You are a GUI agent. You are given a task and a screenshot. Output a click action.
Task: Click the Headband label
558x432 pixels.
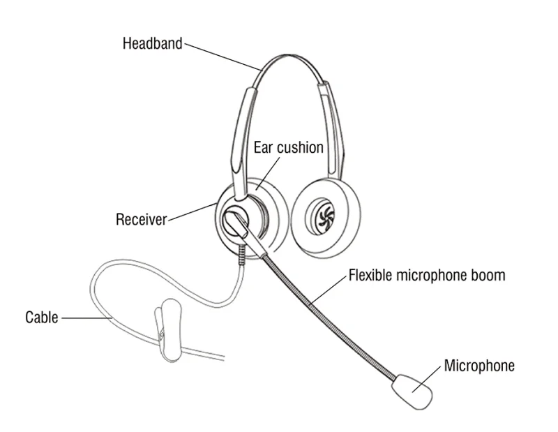[x=152, y=43]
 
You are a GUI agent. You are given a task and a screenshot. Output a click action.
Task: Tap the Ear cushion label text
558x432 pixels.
[x=288, y=147]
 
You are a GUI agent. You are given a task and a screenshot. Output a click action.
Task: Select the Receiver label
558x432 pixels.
[x=142, y=220]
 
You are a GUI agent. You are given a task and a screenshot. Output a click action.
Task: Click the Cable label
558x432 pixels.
[x=42, y=317]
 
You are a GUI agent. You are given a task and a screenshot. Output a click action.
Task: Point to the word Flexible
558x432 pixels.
[x=371, y=275]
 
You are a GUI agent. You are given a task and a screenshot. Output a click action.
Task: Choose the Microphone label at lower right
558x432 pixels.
[x=479, y=365]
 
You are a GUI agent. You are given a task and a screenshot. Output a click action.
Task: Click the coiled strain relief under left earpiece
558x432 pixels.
[x=241, y=253]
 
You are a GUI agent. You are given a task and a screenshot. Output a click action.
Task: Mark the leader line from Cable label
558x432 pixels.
[x=87, y=318]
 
